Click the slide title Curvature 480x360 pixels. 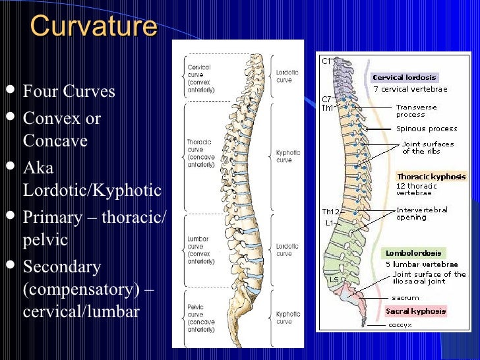pos(94,26)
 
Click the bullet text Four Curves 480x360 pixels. pos(69,91)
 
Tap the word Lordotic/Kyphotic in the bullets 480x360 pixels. pos(92,191)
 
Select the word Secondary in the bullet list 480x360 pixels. pos(61,267)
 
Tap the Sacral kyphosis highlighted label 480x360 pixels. pos(415,311)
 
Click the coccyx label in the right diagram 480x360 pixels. pos(401,324)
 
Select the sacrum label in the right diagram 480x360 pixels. pos(405,298)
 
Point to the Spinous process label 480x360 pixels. pos(427,129)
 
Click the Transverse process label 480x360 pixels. pos(415,111)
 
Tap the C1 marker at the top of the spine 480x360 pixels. pos(326,61)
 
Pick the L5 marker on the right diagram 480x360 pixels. pos(334,280)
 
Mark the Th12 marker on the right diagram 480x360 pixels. pos(330,212)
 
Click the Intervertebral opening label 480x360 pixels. pos(421,214)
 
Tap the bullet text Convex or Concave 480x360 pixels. pos(61,129)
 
